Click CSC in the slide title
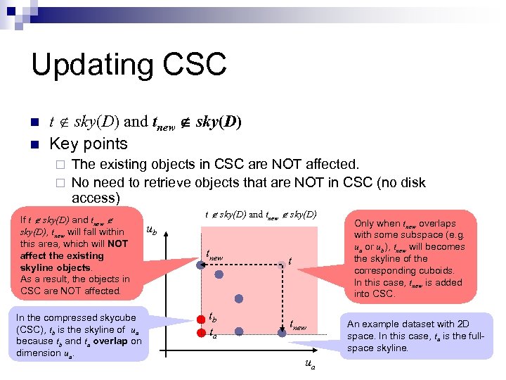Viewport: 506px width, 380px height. (199, 65)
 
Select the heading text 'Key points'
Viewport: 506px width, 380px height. (88, 144)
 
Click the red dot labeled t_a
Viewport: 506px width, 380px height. (202, 331)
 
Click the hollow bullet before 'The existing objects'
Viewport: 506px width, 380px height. (60, 165)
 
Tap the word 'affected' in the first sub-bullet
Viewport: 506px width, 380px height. (330, 165)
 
